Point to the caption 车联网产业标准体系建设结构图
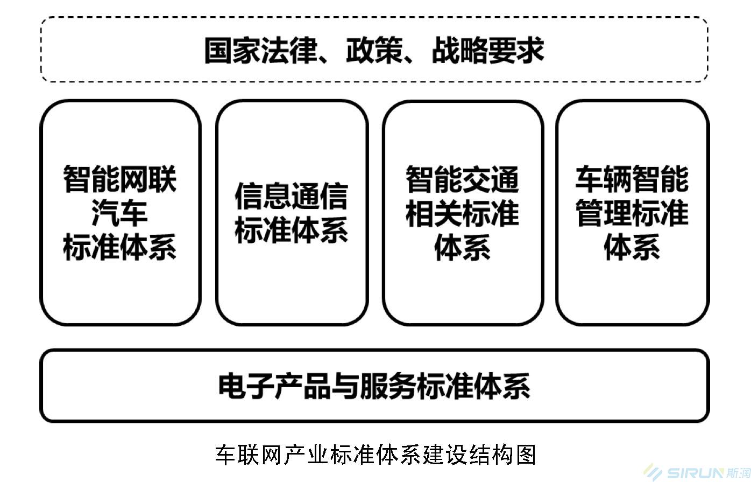[x=375, y=454]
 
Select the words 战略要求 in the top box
[x=488, y=51]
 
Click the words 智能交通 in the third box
[x=463, y=179]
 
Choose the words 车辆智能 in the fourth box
[x=632, y=179]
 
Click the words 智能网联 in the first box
[x=120, y=179]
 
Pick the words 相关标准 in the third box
[x=463, y=213]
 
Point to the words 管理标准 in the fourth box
[x=632, y=213]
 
